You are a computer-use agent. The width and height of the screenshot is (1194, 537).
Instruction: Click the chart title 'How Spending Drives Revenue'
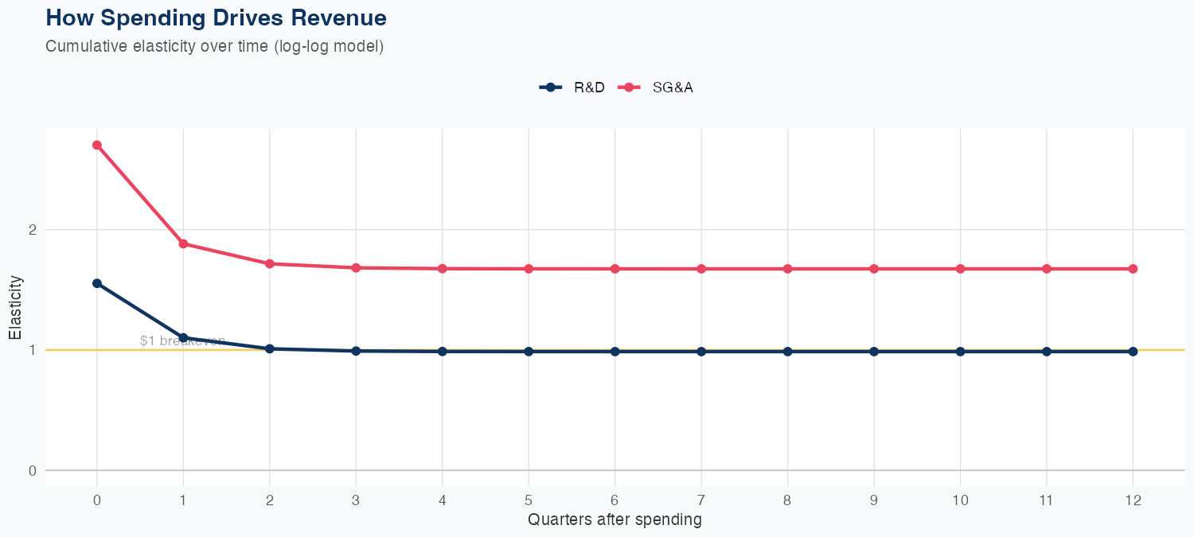pyautogui.click(x=216, y=18)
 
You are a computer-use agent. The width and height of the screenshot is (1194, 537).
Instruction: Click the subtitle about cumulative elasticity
pyautogui.click(x=215, y=46)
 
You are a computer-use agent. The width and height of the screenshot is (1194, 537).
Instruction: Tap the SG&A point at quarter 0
pyautogui.click(x=97, y=145)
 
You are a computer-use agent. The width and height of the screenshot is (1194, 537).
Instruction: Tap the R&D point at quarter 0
pyautogui.click(x=97, y=283)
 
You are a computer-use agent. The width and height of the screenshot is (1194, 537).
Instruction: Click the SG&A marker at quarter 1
pyautogui.click(x=183, y=243)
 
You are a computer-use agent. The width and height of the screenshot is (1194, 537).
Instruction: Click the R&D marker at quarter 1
pyautogui.click(x=183, y=337)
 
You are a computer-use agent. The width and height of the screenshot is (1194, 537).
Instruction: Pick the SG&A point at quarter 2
pyautogui.click(x=270, y=263)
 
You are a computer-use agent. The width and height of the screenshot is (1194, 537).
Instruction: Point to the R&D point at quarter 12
pyautogui.click(x=1133, y=351)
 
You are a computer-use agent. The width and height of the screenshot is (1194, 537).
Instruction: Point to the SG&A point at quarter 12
pyautogui.click(x=1133, y=269)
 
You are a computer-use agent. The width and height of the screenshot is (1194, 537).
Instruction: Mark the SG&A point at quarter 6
pyautogui.click(x=615, y=269)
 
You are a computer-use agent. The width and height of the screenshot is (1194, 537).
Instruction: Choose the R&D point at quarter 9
pyautogui.click(x=874, y=351)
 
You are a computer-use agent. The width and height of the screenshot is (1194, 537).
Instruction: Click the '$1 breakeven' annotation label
pyautogui.click(x=182, y=340)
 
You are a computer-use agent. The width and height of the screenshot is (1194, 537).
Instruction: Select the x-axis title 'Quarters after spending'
pyautogui.click(x=615, y=520)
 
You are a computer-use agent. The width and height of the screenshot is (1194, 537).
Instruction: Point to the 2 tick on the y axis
pyautogui.click(x=33, y=230)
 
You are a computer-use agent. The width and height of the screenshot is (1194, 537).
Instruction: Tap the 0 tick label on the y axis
pyautogui.click(x=33, y=470)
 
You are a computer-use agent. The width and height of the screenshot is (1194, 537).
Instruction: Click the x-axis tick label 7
pyautogui.click(x=701, y=500)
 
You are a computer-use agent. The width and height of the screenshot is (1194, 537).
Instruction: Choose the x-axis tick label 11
pyautogui.click(x=1046, y=500)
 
